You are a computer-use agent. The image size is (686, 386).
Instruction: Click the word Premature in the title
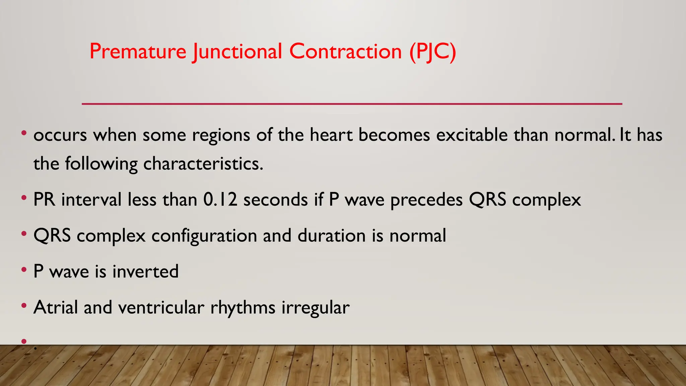pyautogui.click(x=138, y=52)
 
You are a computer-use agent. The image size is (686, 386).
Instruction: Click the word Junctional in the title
pyautogui.click(x=237, y=52)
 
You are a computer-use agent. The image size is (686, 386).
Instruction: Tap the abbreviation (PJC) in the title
pyautogui.click(x=432, y=52)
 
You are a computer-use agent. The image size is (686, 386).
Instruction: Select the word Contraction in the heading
pyautogui.click(x=345, y=52)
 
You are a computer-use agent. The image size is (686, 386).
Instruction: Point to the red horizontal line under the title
pyautogui.click(x=352, y=104)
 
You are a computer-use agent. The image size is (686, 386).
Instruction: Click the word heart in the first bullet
pyautogui.click(x=331, y=135)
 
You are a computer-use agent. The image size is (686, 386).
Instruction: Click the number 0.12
pyautogui.click(x=220, y=200)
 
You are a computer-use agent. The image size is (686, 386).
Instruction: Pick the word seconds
pyautogui.click(x=275, y=200)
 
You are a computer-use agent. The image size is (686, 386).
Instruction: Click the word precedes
pyautogui.click(x=426, y=200)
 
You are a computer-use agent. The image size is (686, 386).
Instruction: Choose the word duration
pyautogui.click(x=331, y=236)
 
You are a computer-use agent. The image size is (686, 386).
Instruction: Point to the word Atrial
pyautogui.click(x=56, y=307)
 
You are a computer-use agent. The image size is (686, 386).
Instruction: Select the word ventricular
pyautogui.click(x=161, y=307)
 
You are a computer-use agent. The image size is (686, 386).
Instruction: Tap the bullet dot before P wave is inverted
pyautogui.click(x=24, y=269)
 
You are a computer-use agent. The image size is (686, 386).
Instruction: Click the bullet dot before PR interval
pyautogui.click(x=24, y=198)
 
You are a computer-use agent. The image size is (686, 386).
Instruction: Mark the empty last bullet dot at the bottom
pyautogui.click(x=24, y=341)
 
